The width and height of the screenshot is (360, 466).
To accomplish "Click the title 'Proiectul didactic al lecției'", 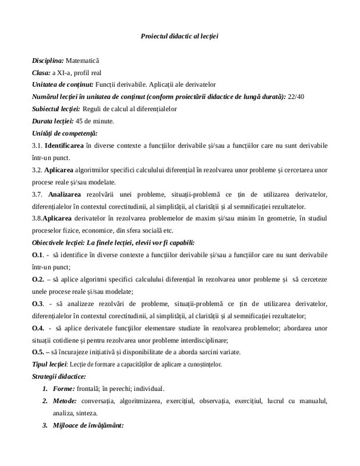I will [x=179, y=36].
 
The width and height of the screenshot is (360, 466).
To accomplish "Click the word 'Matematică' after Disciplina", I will [x=83, y=61].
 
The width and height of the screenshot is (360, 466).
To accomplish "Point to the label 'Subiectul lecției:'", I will [x=57, y=109].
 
